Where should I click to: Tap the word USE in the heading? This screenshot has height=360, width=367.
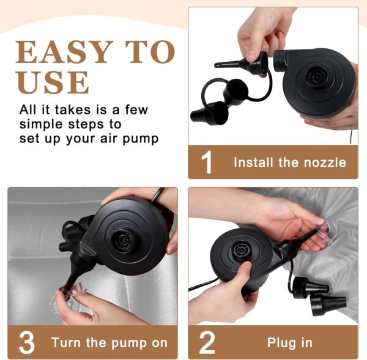pyautogui.click(x=53, y=82)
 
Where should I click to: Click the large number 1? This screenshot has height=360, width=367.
pyautogui.click(x=207, y=162)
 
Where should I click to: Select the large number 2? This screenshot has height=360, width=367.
pyautogui.click(x=207, y=342)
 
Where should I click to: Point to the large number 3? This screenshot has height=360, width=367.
pyautogui.click(x=27, y=342)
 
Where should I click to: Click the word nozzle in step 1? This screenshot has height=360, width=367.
pyautogui.click(x=325, y=163)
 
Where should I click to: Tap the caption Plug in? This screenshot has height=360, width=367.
pyautogui.click(x=290, y=343)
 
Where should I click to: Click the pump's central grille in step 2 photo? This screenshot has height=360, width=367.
pyautogui.click(x=241, y=250)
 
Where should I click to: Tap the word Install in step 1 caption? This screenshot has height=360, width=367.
pyautogui.click(x=253, y=163)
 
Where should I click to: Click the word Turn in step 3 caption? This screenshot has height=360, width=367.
pyautogui.click(x=67, y=343)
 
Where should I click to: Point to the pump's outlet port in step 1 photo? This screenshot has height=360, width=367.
pyautogui.click(x=280, y=61)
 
